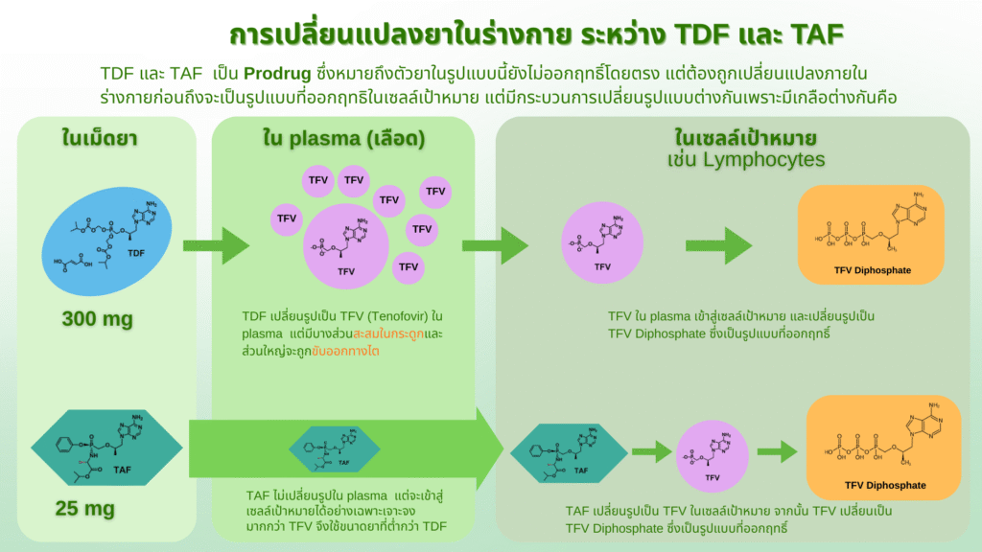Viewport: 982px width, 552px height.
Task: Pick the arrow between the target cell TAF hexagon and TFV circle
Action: (649, 449)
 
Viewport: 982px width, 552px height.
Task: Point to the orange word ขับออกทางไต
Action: (349, 351)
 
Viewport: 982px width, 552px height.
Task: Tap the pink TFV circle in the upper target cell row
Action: (602, 243)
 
